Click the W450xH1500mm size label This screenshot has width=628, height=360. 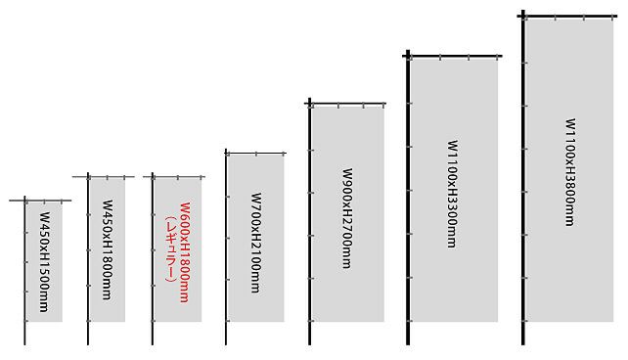click(x=44, y=262)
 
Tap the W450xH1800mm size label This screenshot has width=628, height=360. click(x=108, y=249)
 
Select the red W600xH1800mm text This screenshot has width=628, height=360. click(x=184, y=252)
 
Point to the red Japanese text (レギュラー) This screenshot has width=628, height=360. click(x=170, y=249)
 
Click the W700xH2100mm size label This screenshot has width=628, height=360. click(x=255, y=243)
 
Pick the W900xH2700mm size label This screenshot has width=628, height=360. click(x=347, y=218)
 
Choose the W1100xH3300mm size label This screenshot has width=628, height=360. click(x=453, y=195)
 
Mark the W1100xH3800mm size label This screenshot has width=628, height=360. click(x=570, y=172)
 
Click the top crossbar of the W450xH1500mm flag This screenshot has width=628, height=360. click(x=40, y=201)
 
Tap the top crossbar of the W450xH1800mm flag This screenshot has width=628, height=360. click(x=104, y=177)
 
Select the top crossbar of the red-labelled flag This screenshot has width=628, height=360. click(x=174, y=177)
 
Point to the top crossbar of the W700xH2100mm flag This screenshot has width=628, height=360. click(x=255, y=153)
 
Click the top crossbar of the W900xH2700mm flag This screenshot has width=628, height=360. click(x=345, y=104)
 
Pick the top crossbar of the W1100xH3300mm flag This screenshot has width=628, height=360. click(x=452, y=56)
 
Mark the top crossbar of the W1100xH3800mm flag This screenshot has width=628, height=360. click(x=567, y=17)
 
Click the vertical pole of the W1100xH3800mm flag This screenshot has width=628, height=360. click(x=523, y=177)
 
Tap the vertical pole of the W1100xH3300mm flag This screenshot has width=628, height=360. click(x=408, y=198)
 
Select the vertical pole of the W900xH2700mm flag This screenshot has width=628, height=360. click(x=309, y=221)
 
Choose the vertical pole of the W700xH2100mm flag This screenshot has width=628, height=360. click(x=226, y=247)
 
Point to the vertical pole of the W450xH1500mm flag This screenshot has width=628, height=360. click(x=24, y=270)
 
